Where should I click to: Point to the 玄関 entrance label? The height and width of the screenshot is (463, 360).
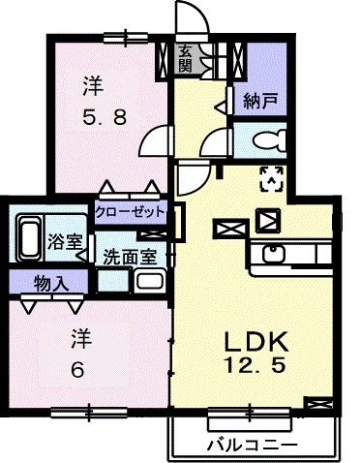(x=185, y=58)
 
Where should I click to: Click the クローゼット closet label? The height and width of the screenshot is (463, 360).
(x=131, y=210)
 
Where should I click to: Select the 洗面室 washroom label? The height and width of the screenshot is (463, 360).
(x=129, y=258)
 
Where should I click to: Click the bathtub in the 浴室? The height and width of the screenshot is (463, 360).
(x=29, y=236)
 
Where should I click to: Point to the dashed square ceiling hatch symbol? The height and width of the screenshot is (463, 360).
(x=272, y=176)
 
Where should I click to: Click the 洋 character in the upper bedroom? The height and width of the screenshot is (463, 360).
(x=92, y=87)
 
